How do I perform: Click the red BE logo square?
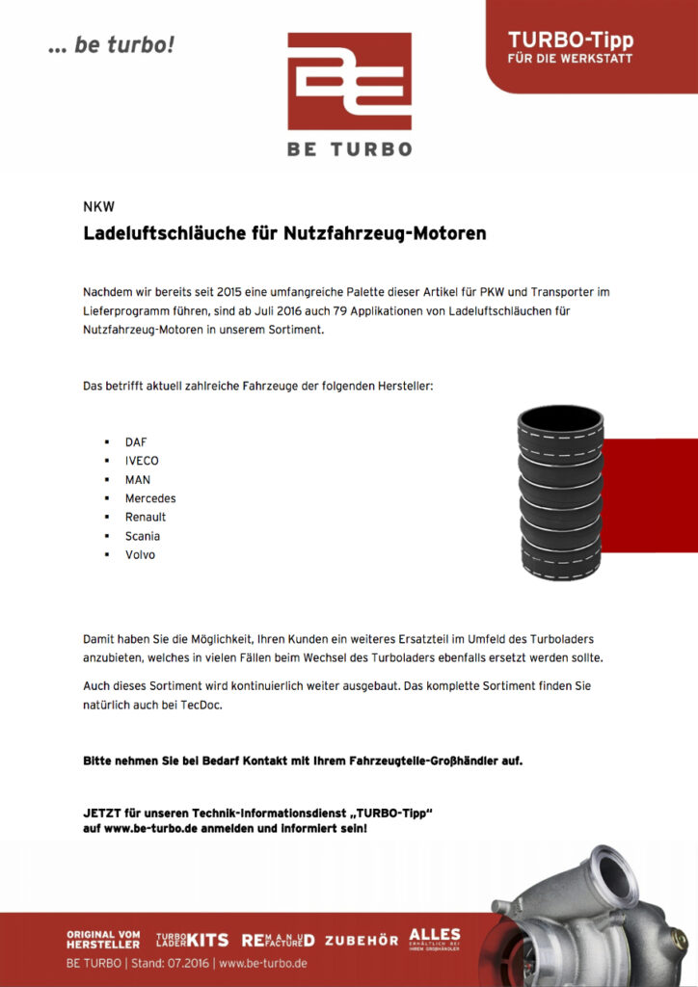coord(349,81)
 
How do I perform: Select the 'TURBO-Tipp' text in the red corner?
coord(570,40)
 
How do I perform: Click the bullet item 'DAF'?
coord(136,442)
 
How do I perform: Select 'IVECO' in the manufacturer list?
coord(142,461)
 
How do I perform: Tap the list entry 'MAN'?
coord(138,480)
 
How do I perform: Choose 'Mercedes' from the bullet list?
coord(150,498)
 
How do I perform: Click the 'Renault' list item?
coord(146,518)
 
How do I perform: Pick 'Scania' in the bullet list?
coord(143,536)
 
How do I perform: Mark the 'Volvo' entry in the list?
coord(140,555)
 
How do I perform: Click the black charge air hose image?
coord(560,493)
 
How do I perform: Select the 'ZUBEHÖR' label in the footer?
coord(362,940)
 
